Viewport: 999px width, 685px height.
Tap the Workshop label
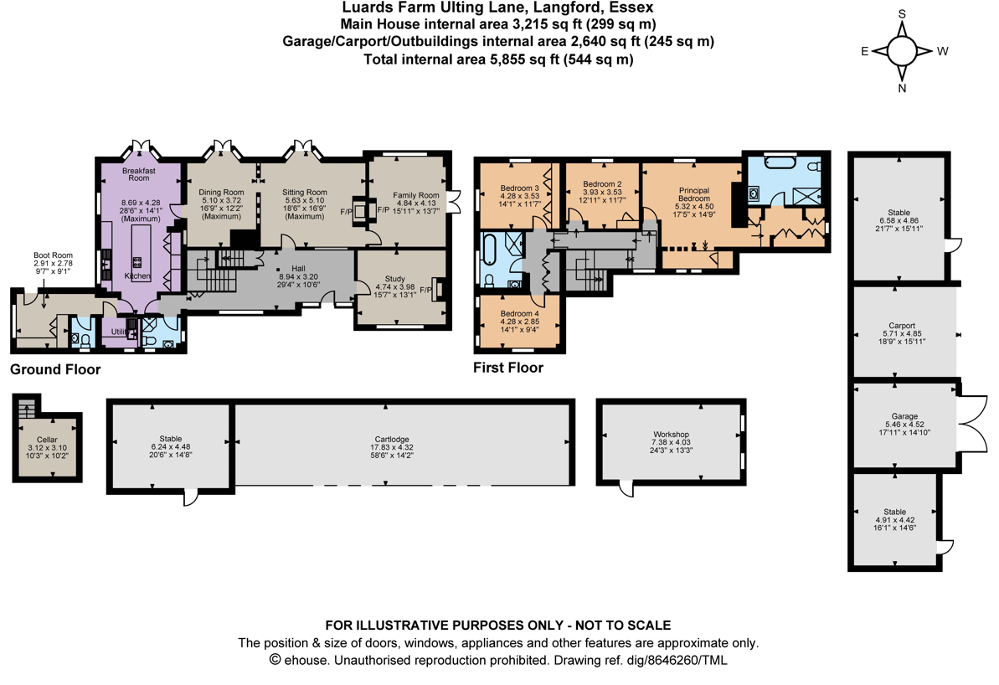click(x=671, y=435)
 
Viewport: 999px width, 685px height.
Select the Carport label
click(x=901, y=326)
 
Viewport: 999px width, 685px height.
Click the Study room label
click(x=394, y=279)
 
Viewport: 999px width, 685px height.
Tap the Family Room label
click(x=416, y=195)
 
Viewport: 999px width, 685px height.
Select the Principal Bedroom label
click(x=693, y=194)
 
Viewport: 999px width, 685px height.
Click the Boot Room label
click(x=53, y=255)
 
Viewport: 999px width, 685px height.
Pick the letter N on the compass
click(x=902, y=88)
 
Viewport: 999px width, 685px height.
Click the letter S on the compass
click(x=902, y=14)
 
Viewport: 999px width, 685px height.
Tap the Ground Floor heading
click(x=55, y=369)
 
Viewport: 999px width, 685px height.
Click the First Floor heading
click(x=508, y=368)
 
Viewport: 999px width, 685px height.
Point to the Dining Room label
click(x=221, y=193)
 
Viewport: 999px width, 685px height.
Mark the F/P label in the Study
click(x=426, y=290)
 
